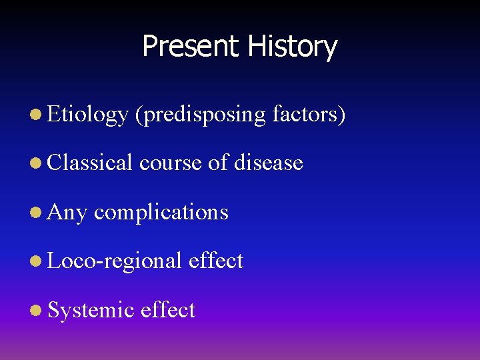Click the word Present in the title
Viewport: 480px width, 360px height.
[190, 47]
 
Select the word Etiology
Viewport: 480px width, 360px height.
[87, 115]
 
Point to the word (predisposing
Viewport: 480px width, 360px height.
[200, 115]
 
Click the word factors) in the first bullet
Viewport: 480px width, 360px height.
[309, 114]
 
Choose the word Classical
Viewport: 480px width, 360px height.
[90, 163]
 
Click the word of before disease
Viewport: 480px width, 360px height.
[218, 163]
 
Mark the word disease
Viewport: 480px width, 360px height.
[269, 163]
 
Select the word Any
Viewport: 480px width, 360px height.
[67, 213]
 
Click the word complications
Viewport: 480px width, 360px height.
[161, 213]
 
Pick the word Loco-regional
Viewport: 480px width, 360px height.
[115, 261]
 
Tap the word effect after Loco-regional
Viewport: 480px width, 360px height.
[216, 261]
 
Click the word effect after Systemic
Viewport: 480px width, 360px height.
[168, 310]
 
